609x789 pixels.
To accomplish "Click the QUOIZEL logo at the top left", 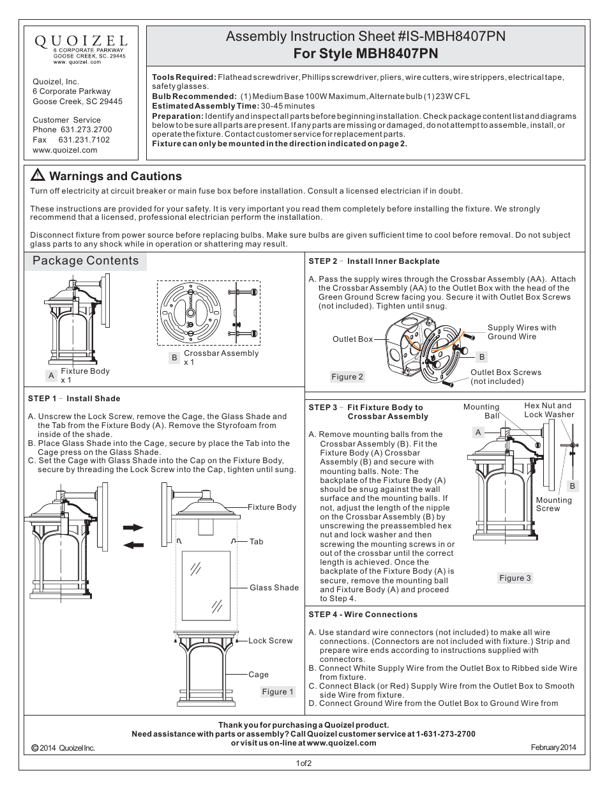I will (x=80, y=40).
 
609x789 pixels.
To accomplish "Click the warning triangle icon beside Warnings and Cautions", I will (x=38, y=176).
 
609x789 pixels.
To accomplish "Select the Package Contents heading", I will (x=86, y=261).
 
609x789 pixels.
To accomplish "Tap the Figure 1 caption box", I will (x=278, y=691).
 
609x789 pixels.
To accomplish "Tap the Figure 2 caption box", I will (x=347, y=377).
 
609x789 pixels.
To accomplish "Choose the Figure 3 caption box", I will (x=515, y=578).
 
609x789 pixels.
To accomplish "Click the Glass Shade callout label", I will (x=274, y=588).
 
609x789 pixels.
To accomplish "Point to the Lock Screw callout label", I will (x=270, y=641).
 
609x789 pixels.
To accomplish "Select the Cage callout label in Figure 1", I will (x=259, y=675).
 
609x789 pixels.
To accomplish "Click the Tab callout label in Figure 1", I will (x=256, y=542).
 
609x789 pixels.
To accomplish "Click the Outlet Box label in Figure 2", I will (x=352, y=339).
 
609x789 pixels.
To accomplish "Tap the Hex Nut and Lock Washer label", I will (x=548, y=410).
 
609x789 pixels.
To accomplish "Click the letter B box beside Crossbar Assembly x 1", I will (x=174, y=358).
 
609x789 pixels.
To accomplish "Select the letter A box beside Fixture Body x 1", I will (x=51, y=376).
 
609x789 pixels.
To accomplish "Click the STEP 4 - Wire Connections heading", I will (x=363, y=615).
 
